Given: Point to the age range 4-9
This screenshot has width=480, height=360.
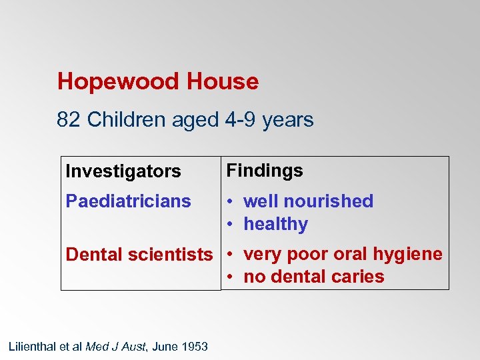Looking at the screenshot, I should [241, 120].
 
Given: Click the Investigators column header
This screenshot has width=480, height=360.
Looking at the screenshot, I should [123, 171].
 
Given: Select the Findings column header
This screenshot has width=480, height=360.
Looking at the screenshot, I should [265, 171].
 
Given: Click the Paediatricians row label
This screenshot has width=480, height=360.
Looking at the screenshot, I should [128, 201].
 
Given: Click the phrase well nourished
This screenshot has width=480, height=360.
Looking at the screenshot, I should [308, 201].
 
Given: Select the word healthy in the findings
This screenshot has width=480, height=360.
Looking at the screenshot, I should [275, 224].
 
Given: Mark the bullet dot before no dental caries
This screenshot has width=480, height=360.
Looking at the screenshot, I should [229, 277].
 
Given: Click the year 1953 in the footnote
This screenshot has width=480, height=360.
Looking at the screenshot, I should [195, 347].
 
